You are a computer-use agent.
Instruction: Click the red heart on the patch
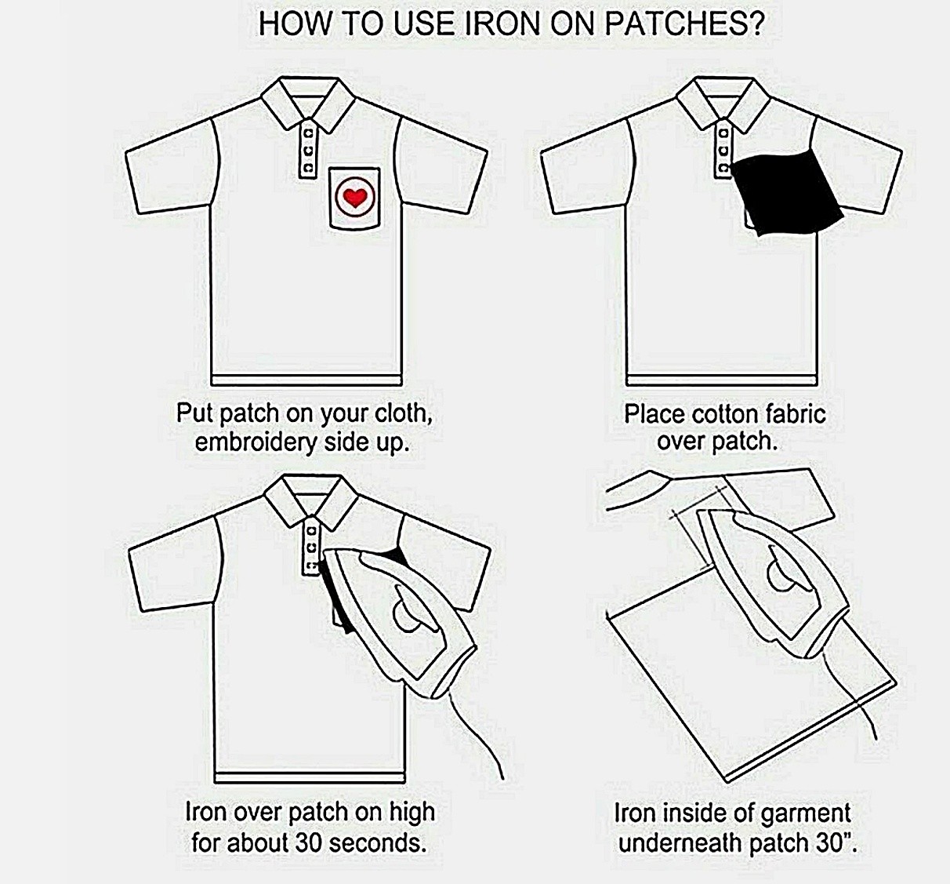354,198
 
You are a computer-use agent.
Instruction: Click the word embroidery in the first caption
256,442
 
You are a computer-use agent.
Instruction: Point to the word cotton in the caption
725,413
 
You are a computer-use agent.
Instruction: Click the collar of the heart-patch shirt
309,103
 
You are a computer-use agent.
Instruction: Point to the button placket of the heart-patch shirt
309,149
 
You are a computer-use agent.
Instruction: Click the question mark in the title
755,24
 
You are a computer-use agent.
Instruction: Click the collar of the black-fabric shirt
723,103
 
